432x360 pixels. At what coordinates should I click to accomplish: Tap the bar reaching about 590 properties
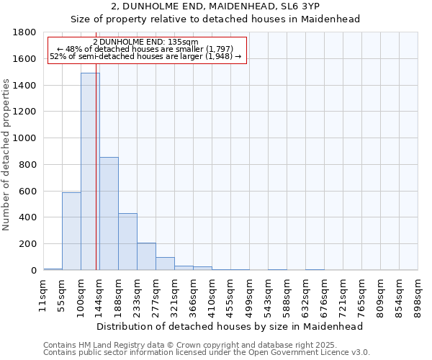pos(71,231)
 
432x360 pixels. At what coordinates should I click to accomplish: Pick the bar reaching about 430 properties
pos(127,242)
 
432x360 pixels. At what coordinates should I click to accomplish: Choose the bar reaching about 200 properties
pos(146,256)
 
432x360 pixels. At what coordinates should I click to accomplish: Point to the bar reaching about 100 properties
pos(165,264)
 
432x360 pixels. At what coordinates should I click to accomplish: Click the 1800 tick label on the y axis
pos(24,32)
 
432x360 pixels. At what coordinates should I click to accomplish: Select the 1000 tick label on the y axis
pos(24,138)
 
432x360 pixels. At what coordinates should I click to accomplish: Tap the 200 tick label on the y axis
pos(27,244)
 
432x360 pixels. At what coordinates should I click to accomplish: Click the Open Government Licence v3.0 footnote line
pos(207,352)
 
